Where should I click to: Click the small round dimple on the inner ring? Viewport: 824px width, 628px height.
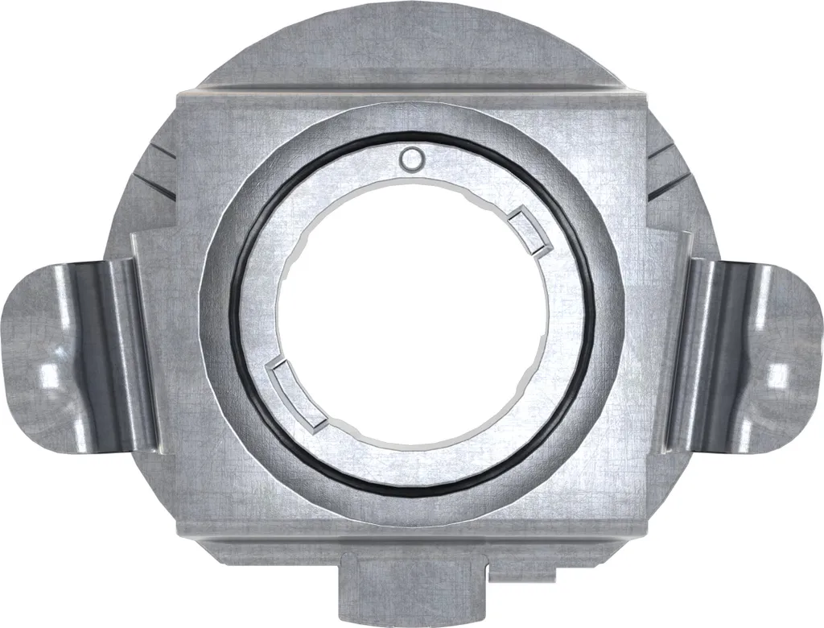[x=412, y=159]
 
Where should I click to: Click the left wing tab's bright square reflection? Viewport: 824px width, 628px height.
[x=50, y=374]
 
